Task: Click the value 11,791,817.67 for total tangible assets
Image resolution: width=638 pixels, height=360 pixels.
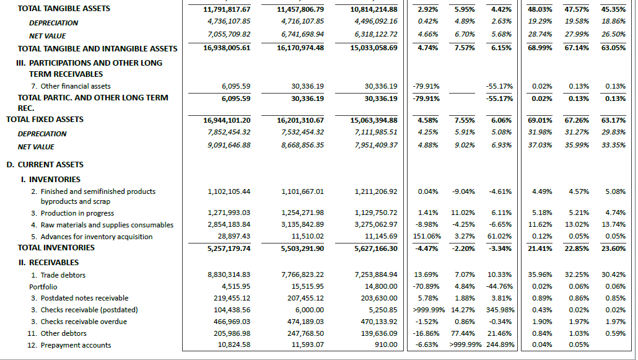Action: pyautogui.click(x=227, y=9)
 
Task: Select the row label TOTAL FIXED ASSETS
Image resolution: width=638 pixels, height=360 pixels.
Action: pyautogui.click(x=45, y=120)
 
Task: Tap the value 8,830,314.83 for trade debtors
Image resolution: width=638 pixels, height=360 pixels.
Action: pyautogui.click(x=229, y=275)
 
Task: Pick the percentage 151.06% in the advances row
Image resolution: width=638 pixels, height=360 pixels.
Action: pyautogui.click(x=426, y=237)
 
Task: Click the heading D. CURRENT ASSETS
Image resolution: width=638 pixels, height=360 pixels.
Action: pyautogui.click(x=45, y=165)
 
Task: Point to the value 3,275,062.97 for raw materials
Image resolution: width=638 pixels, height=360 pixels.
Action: pyautogui.click(x=376, y=224)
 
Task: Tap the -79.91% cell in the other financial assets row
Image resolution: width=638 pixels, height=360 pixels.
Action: pyautogui.click(x=426, y=86)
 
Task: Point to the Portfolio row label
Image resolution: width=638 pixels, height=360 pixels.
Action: pyautogui.click(x=43, y=287)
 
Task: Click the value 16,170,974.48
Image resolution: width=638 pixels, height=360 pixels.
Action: pyautogui.click(x=300, y=48)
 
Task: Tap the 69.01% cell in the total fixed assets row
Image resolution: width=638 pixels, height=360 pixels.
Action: pyautogui.click(x=541, y=120)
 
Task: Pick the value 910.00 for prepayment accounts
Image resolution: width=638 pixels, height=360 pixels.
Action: pyautogui.click(x=385, y=345)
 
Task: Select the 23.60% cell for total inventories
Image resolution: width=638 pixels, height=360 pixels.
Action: pyautogui.click(x=614, y=248)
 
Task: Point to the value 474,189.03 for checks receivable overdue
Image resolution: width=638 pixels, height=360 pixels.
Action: pyautogui.click(x=302, y=322)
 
